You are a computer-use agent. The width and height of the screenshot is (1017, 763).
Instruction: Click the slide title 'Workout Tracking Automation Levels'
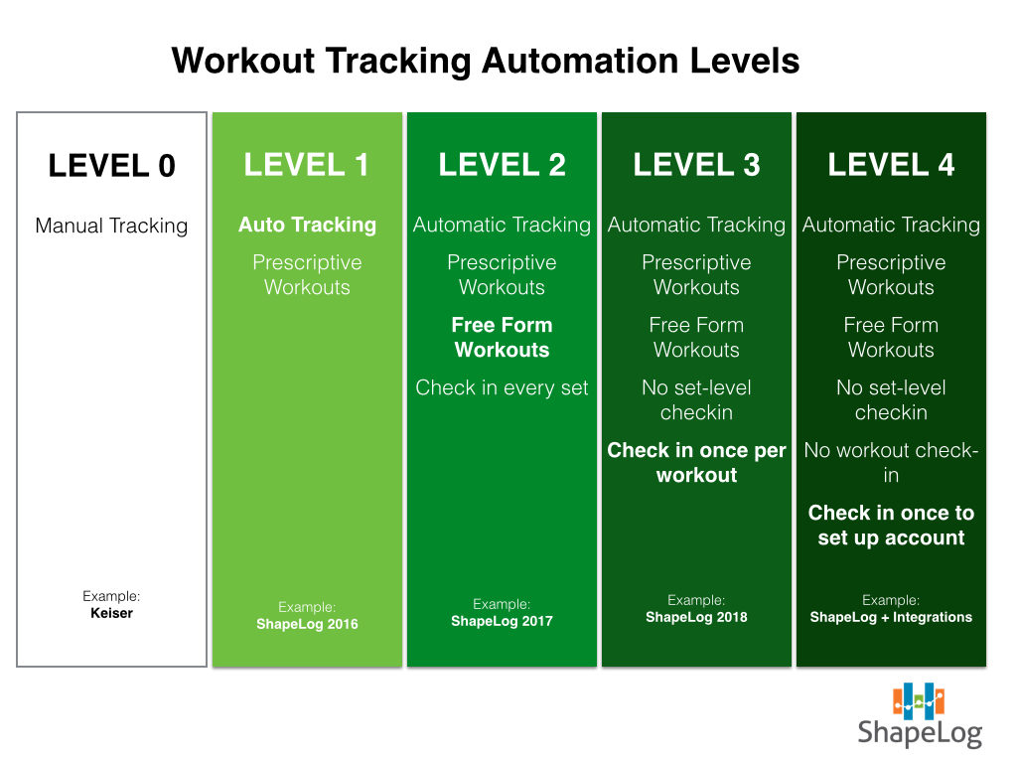pos(485,62)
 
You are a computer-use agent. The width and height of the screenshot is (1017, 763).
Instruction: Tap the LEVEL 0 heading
pos(111,166)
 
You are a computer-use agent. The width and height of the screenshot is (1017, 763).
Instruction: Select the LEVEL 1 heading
pos(307,165)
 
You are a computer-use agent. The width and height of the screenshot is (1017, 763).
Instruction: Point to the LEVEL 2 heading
pos(502,165)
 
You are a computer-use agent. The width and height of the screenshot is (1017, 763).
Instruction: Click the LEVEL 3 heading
pos(696,165)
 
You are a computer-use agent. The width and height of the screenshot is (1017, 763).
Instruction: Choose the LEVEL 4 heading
pos(891,165)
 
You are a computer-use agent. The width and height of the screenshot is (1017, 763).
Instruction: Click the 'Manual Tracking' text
pos(111,226)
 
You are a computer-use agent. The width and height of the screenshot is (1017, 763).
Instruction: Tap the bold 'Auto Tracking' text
pos(308,225)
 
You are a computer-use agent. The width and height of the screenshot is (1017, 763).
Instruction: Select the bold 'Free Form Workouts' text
pos(502,338)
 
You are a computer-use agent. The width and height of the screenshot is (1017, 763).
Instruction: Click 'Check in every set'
pos(502,388)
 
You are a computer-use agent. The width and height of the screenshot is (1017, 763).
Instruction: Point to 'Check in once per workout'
pos(696,463)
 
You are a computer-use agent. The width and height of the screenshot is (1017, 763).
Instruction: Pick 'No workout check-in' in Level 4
pos(891,463)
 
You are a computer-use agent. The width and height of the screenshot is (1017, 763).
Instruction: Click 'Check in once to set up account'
pos(891,525)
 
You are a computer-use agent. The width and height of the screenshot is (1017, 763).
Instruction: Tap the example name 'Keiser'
pos(111,613)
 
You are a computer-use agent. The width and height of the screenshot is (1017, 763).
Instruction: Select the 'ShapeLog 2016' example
pos(308,624)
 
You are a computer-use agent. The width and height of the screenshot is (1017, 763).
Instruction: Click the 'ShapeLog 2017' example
pos(502,621)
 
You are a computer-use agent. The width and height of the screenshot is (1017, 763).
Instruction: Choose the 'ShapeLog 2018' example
pos(696,617)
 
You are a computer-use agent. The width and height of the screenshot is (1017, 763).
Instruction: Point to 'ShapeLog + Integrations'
pos(891,617)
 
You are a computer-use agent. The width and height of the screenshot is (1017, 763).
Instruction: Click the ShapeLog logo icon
pos(919,700)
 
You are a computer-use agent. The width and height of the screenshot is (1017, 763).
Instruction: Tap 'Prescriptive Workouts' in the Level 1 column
pos(308,275)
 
